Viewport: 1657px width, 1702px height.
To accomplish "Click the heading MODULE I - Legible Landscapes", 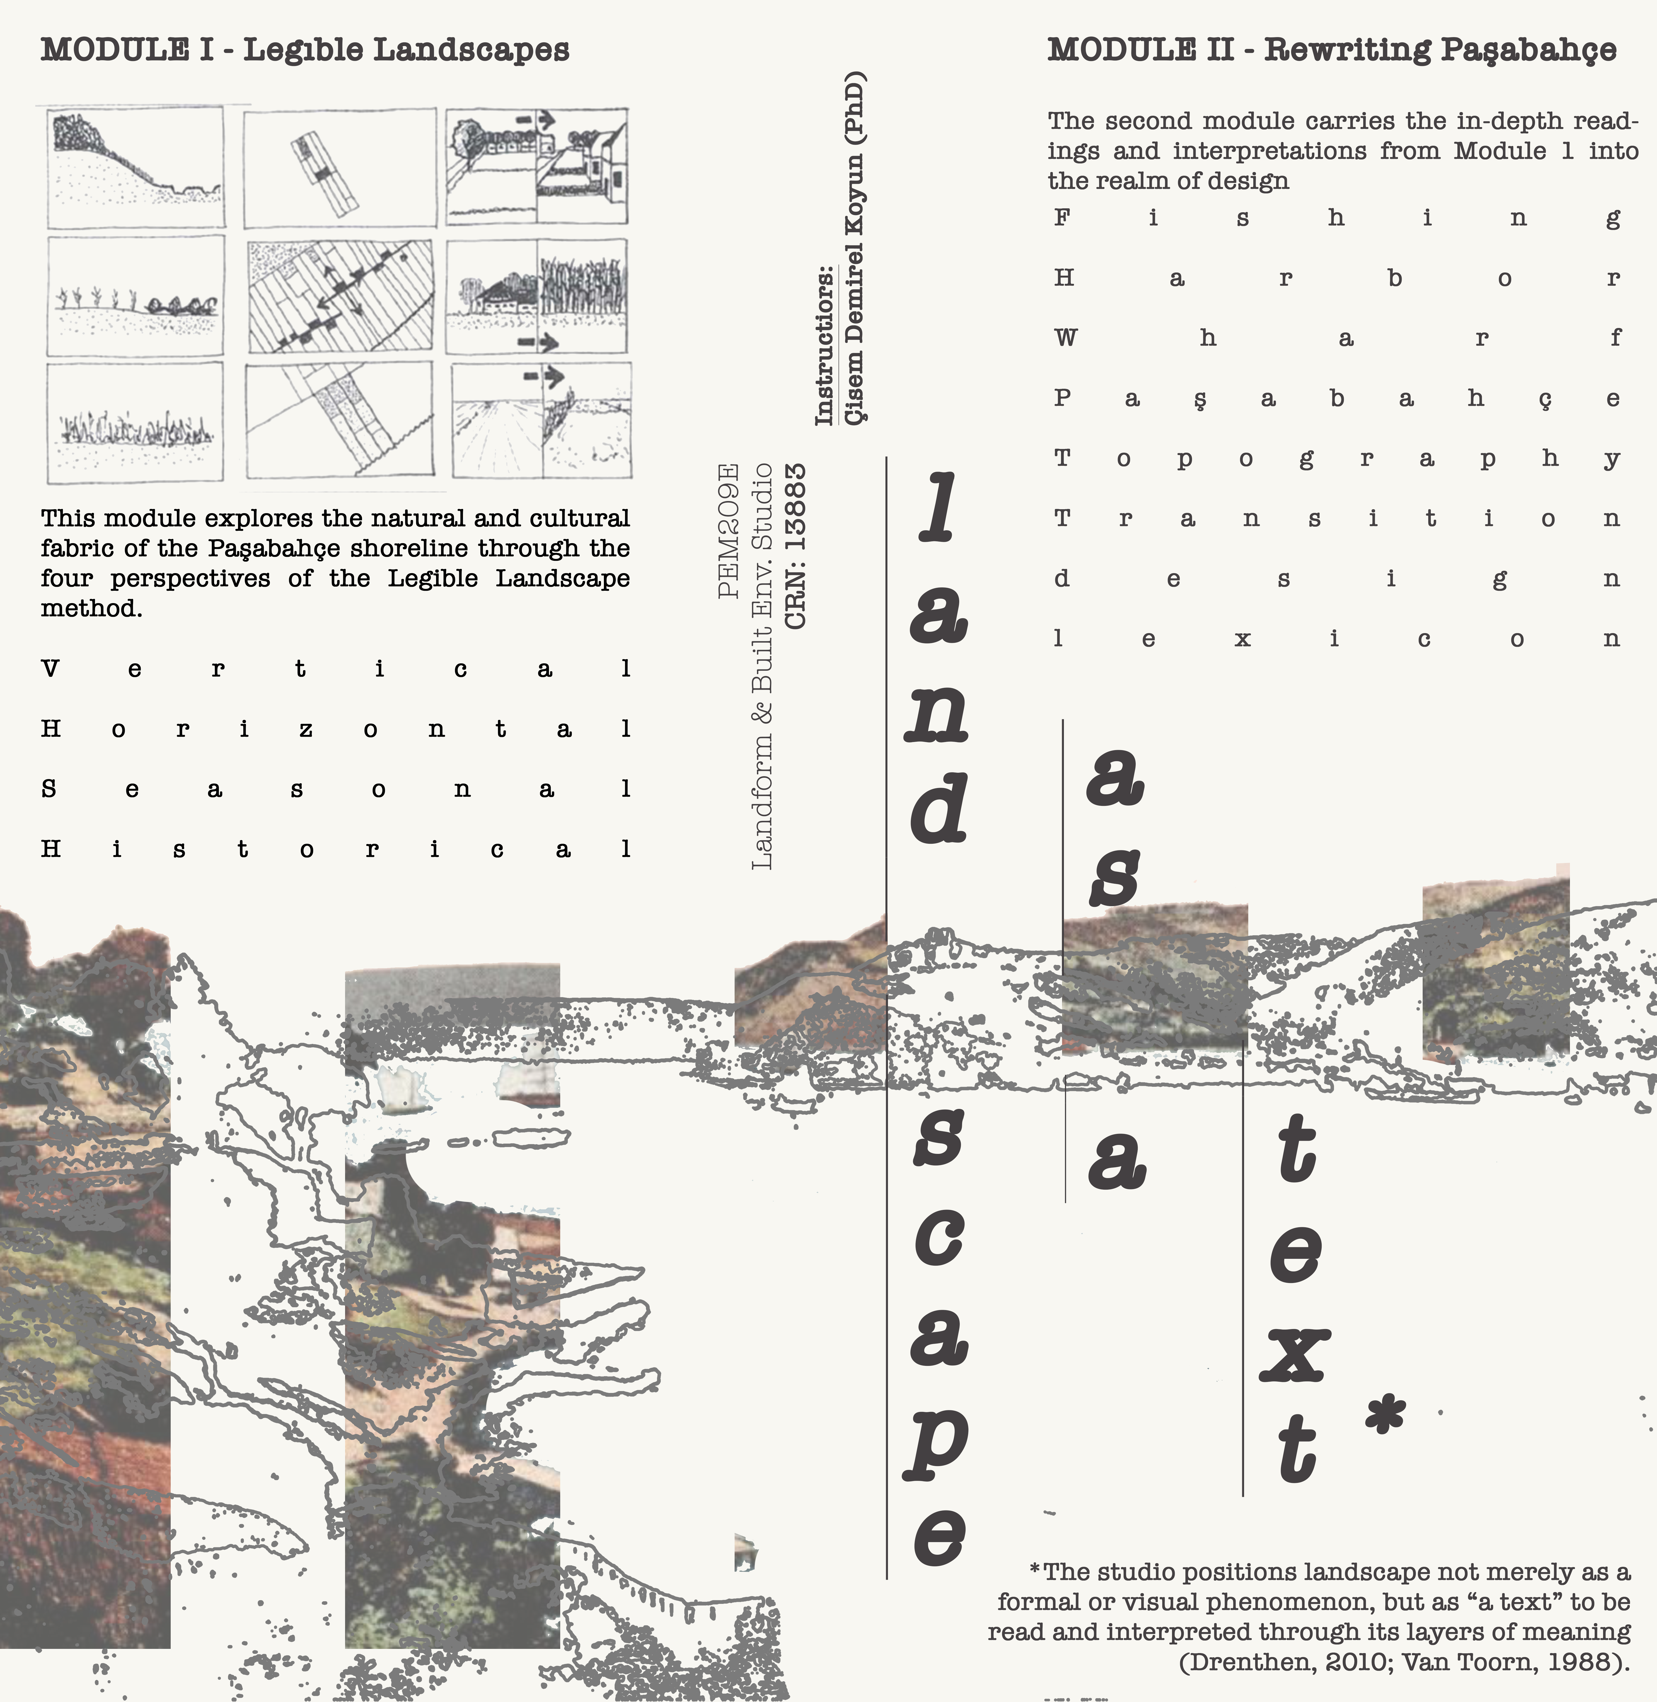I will point(305,50).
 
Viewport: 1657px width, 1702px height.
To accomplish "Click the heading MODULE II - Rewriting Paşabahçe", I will point(1331,50).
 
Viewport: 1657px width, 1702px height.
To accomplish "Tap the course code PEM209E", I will point(728,531).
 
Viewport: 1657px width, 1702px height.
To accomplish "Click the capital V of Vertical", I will point(50,669).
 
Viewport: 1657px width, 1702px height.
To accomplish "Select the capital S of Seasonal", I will point(49,789).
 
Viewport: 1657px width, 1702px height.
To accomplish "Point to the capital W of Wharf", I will point(1065,338).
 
